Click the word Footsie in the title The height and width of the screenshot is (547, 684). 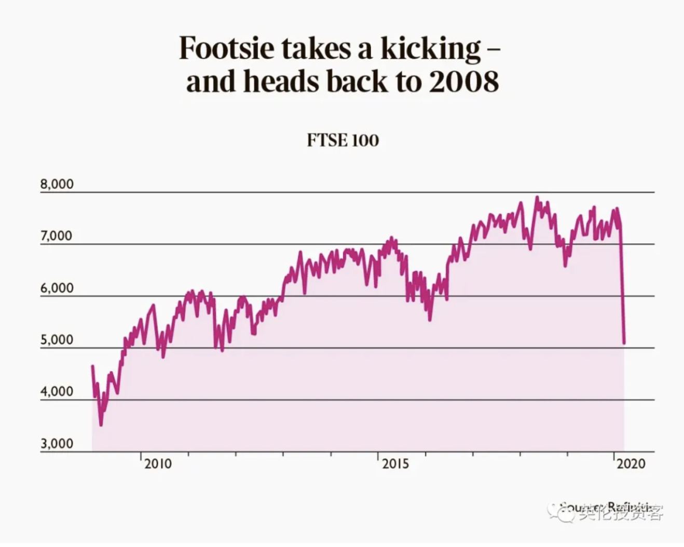[x=227, y=48]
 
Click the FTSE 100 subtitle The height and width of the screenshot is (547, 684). [x=343, y=140]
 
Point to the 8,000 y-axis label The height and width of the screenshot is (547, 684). [x=57, y=184]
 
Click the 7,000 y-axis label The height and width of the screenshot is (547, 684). [x=57, y=236]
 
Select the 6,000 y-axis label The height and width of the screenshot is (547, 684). [x=57, y=288]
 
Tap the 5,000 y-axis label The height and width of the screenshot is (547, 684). [x=57, y=340]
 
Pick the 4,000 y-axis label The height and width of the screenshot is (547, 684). [x=57, y=391]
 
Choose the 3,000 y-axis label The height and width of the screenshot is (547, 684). [x=57, y=444]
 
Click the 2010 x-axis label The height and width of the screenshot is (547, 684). [x=158, y=463]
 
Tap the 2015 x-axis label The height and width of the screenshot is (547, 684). [x=395, y=463]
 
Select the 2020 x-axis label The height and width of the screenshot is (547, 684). [x=631, y=463]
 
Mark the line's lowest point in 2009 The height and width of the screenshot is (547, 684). [x=101, y=425]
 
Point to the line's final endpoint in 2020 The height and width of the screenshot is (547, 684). [x=624, y=343]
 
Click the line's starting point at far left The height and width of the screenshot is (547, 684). [x=92, y=366]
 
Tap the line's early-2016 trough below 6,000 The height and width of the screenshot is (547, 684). [x=430, y=320]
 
